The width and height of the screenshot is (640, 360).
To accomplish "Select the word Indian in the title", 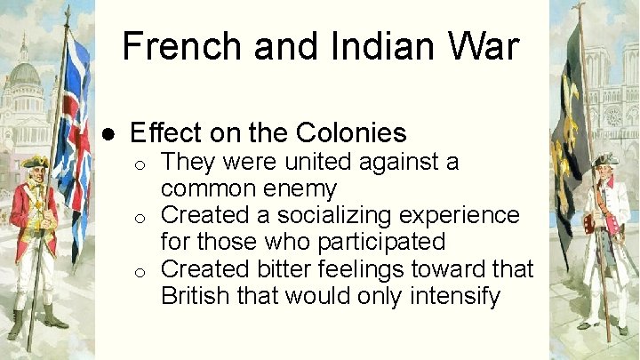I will coord(359,46).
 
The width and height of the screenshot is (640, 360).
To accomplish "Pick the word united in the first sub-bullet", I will coord(317,163).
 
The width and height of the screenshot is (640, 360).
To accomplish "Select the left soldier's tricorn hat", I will coord(36,163).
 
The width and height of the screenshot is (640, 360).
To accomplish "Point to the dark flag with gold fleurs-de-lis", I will coord(570,133).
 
